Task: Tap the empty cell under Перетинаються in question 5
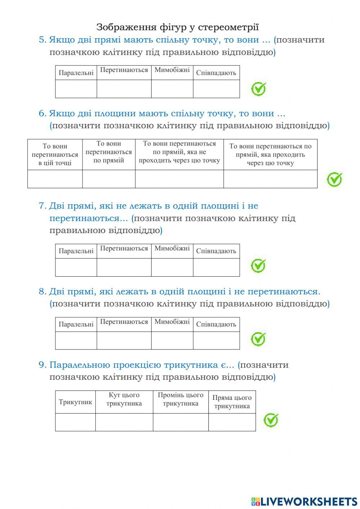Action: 124,89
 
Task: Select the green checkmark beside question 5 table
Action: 258,89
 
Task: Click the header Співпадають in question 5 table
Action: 216,73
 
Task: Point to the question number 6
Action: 42,113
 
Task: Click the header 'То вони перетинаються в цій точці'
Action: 55,155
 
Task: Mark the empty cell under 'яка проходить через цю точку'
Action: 270,179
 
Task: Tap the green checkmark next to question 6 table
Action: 334,179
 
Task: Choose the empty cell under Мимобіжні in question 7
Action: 172,267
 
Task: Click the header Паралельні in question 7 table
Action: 76,251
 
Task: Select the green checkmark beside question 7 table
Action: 258,266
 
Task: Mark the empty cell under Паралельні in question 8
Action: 76,340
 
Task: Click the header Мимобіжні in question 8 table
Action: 172,322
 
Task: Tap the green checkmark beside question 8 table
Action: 258,339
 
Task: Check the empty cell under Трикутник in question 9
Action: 75,422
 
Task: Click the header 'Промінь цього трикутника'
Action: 180,399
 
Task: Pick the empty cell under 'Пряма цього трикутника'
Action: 232,422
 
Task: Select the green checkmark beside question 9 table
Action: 271,420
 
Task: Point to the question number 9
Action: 42,365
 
